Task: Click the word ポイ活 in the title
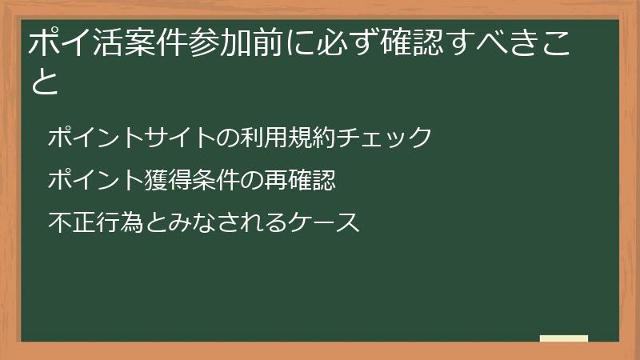pyautogui.click(x=71, y=42)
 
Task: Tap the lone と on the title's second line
pyautogui.click(x=45, y=82)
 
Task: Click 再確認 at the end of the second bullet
pyautogui.click(x=298, y=180)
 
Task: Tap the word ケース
pyautogui.click(x=326, y=222)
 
